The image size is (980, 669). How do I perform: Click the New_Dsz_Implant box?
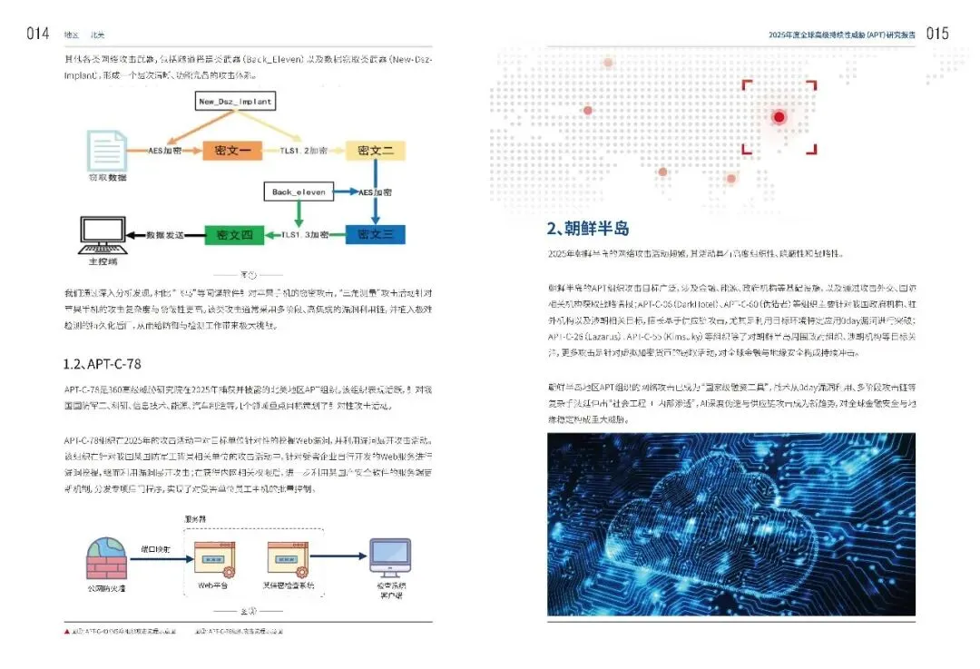coord(235,102)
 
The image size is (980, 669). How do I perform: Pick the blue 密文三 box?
coord(375,234)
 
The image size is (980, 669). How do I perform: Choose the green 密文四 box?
coord(234,235)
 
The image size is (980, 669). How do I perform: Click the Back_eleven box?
coord(298,192)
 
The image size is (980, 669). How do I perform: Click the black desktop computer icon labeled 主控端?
coord(103,234)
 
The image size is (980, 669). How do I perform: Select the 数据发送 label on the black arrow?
coord(165,235)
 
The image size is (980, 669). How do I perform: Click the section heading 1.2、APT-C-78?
coord(102,364)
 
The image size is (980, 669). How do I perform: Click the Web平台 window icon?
coord(213,560)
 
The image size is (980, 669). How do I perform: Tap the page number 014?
coord(37,34)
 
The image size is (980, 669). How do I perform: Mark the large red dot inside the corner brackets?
coord(779,117)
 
